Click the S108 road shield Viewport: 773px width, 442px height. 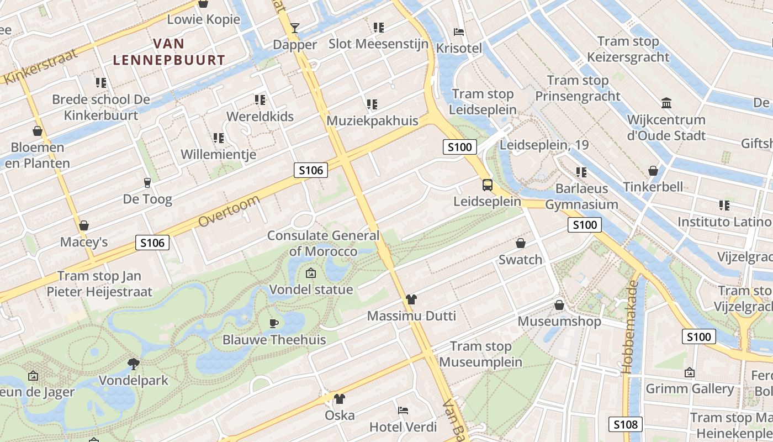tap(626, 424)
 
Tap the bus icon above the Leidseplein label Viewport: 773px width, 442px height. tap(488, 185)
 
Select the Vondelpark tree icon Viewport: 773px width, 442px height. tap(133, 364)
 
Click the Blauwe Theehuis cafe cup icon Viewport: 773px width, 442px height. tap(274, 323)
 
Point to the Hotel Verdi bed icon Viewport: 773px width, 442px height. tap(403, 411)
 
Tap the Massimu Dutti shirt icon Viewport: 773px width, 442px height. tap(411, 299)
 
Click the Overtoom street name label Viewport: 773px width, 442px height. tap(228, 211)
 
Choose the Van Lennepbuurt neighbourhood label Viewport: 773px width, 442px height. tap(169, 52)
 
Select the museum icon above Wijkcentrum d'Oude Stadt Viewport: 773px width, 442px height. tap(666, 103)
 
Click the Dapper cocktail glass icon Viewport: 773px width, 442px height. tap(295, 28)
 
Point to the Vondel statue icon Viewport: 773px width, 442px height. tap(310, 273)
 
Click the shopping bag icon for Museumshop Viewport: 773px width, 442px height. tap(559, 305)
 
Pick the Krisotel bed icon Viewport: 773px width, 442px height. tap(459, 32)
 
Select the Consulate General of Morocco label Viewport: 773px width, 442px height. tap(324, 243)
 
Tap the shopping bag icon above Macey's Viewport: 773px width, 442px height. tap(84, 225)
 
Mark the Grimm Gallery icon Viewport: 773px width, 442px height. tap(690, 373)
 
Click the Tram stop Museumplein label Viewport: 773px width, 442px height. tap(481, 354)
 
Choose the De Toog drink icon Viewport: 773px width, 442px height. tap(147, 183)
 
